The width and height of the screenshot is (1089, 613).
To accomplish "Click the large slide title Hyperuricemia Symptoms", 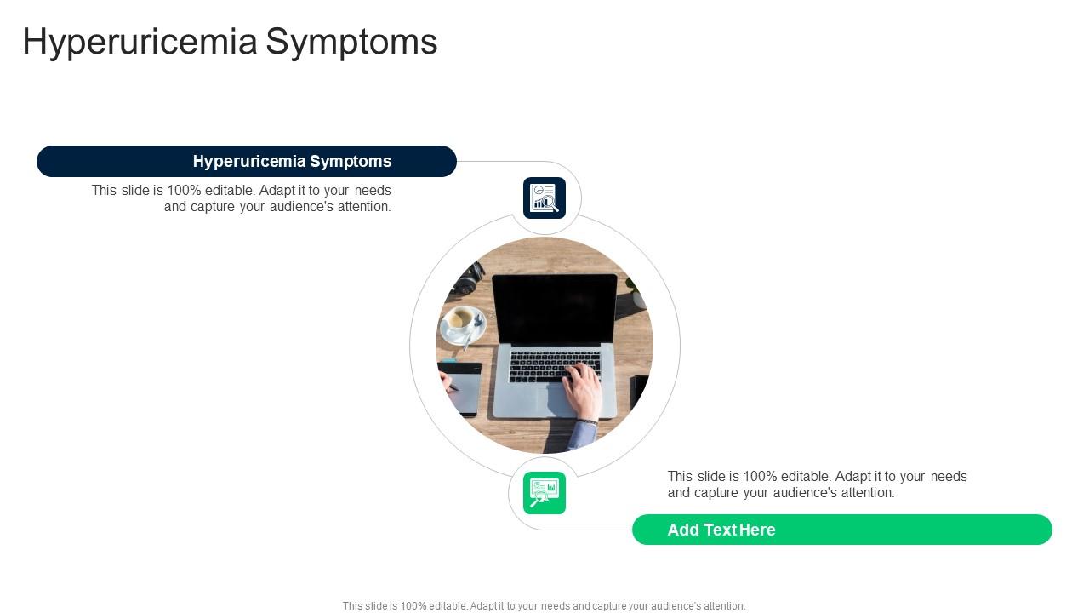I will [230, 42].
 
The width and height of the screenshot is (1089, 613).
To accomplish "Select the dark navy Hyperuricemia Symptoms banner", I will [247, 161].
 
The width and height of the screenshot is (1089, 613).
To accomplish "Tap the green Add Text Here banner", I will [841, 530].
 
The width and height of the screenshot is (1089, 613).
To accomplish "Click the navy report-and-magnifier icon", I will [544, 198].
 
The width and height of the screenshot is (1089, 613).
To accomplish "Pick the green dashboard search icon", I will [544, 493].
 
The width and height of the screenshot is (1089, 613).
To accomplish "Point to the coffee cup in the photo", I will [462, 321].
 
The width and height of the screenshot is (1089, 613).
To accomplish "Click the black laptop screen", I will [555, 307].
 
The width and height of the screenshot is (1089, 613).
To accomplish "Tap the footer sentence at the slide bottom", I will [544, 606].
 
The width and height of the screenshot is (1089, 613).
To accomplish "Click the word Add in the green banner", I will [682, 530].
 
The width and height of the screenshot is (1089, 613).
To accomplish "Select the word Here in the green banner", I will [757, 530].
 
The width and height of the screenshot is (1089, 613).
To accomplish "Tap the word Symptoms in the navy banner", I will [351, 161].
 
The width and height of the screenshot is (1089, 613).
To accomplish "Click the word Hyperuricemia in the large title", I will [140, 42].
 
